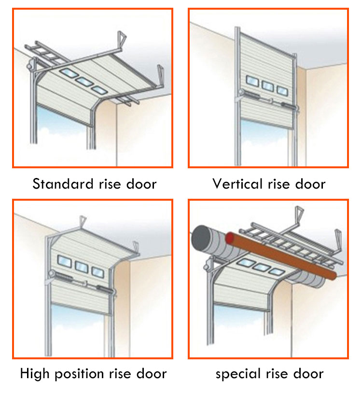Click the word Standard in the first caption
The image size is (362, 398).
63,184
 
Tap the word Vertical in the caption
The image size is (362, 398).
237,184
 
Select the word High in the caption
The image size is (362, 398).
35,374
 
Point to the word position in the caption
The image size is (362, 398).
79,374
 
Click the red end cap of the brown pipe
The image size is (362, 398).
230,238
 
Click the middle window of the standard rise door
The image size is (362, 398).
84,82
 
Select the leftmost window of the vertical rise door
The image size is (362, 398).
252,81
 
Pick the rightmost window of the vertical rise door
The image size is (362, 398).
282,91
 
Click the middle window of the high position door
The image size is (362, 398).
82,267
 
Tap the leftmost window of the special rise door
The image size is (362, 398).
246,263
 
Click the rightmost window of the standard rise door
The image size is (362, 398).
99,90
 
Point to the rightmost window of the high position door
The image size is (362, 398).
98,272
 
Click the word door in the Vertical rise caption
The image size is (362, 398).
310,184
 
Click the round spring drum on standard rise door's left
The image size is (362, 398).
30,65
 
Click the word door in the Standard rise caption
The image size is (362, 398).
141,184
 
